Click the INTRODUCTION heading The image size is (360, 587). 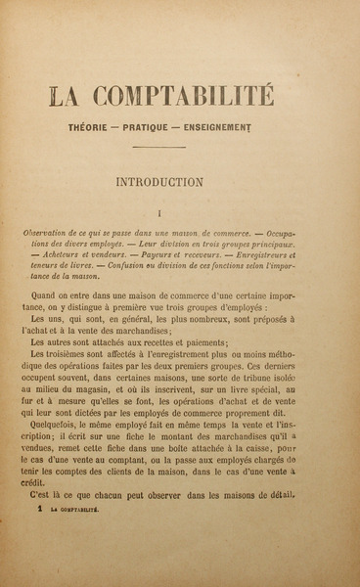pos(172,181)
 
